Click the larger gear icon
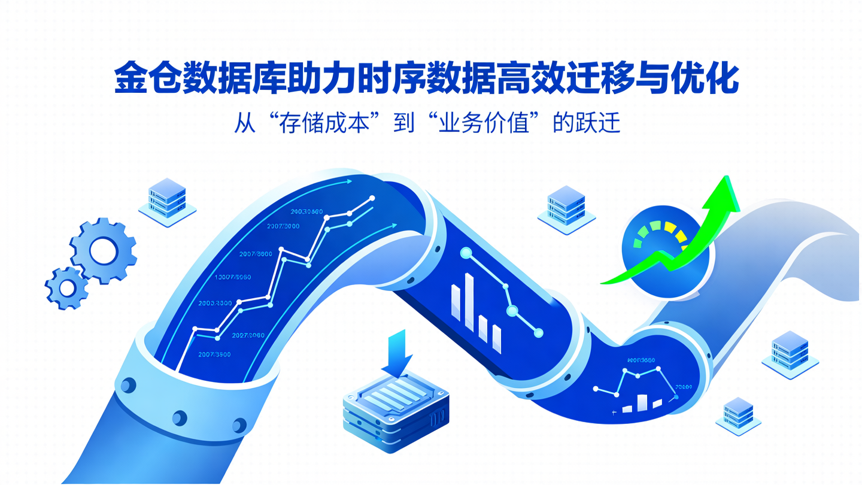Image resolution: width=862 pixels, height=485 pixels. point(102,251)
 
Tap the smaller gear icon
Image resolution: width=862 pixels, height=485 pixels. point(67,288)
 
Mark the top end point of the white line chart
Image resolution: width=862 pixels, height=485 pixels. point(372,198)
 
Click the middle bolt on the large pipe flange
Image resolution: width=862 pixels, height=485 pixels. point(179,417)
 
